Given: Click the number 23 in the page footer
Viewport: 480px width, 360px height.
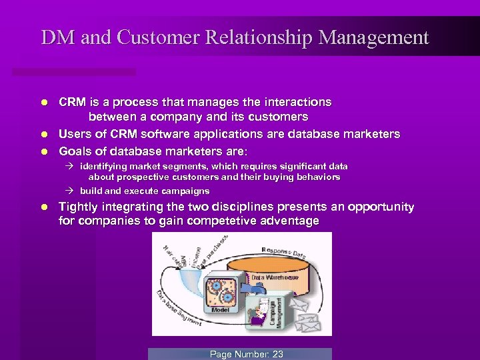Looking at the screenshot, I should coord(277,354).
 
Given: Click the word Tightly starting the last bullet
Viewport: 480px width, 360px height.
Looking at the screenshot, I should coord(80,207).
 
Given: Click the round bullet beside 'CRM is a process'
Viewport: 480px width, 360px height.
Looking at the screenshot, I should coord(43,103).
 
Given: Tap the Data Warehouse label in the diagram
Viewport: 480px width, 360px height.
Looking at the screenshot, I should coord(275,277).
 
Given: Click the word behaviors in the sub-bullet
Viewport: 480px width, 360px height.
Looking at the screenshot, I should coord(319,177).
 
